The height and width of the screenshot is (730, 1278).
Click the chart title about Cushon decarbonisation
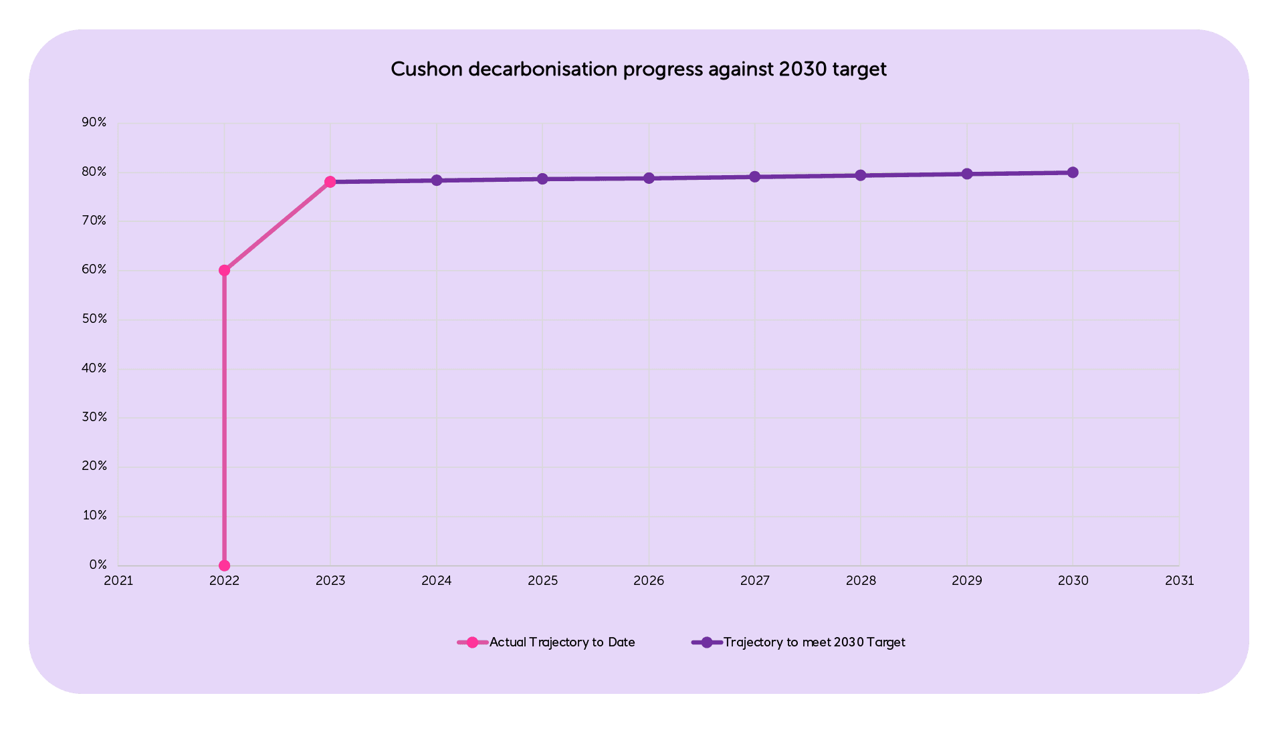pyautogui.click(x=638, y=70)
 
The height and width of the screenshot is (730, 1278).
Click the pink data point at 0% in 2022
pyautogui.click(x=224, y=566)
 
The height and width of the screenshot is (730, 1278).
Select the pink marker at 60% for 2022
pyautogui.click(x=224, y=271)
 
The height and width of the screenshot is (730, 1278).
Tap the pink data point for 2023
pyautogui.click(x=330, y=182)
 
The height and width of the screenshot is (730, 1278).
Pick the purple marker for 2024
pyautogui.click(x=437, y=180)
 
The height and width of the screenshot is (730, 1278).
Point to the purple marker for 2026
pyautogui.click(x=649, y=178)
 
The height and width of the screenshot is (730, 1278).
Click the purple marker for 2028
pyautogui.click(x=861, y=175)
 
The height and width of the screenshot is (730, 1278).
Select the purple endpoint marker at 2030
pyautogui.click(x=1073, y=172)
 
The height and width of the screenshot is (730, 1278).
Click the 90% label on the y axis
pyautogui.click(x=94, y=122)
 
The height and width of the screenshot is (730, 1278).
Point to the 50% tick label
pyautogui.click(x=94, y=319)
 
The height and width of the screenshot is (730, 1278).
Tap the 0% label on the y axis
pyautogui.click(x=98, y=566)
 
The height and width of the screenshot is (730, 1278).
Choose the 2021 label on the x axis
pyautogui.click(x=118, y=581)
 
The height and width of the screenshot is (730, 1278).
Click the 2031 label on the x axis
pyautogui.click(x=1179, y=581)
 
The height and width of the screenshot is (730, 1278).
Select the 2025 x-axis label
pyautogui.click(x=542, y=581)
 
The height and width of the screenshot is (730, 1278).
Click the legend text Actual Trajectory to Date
pyautogui.click(x=562, y=642)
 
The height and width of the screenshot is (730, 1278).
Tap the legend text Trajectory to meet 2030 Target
pyautogui.click(x=814, y=642)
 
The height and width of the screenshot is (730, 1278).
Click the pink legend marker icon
pyautogui.click(x=472, y=642)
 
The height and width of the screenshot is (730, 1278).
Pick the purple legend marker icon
pyautogui.click(x=707, y=642)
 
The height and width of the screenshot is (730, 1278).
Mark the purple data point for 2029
pyautogui.click(x=967, y=174)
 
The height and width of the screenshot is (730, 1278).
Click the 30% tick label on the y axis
pyautogui.click(x=94, y=417)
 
